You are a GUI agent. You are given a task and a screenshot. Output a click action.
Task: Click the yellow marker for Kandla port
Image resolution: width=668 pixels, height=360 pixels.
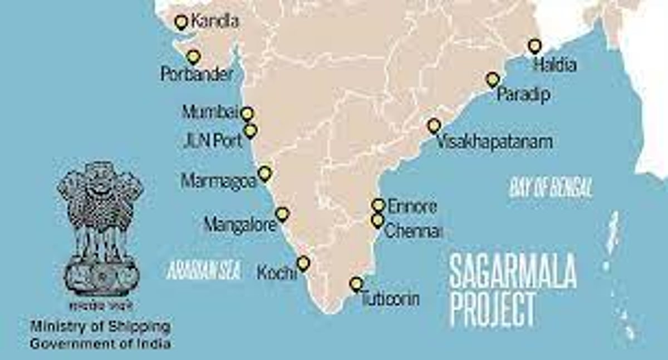click(180, 22)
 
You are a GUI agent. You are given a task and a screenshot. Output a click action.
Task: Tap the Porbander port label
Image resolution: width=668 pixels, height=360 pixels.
click(197, 74)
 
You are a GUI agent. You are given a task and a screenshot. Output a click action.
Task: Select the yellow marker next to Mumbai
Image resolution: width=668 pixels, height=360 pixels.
click(247, 114)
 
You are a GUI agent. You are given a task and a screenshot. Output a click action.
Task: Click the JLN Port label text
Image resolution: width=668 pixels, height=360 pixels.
click(213, 140)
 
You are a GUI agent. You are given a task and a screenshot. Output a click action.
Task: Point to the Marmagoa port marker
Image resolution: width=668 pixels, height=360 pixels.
click(265, 173)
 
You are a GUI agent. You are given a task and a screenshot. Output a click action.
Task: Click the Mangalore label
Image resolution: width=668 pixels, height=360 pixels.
click(240, 225)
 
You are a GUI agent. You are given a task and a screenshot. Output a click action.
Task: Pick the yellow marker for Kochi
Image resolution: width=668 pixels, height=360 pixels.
click(303, 263)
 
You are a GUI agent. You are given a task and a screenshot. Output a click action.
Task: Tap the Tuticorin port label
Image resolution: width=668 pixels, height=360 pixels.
click(390, 299)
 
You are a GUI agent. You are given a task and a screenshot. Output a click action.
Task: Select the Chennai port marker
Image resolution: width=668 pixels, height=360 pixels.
click(378, 220)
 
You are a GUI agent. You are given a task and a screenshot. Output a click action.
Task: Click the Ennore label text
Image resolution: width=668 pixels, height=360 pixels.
click(412, 206)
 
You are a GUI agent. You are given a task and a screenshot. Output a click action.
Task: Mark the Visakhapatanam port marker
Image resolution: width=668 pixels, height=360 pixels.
click(434, 126)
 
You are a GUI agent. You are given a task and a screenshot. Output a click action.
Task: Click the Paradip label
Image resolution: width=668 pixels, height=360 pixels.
click(523, 94)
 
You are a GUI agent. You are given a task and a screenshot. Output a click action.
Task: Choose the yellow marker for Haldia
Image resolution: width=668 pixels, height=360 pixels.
click(535, 46)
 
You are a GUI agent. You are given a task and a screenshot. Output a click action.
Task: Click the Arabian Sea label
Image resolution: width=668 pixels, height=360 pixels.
click(203, 270)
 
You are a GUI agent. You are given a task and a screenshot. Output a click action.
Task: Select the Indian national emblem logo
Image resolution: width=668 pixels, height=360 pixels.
click(100, 228)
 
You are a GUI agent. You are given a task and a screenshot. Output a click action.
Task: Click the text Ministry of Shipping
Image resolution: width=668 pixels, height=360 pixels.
click(100, 326)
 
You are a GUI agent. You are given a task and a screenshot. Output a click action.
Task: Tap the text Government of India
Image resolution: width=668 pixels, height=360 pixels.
click(100, 343)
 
